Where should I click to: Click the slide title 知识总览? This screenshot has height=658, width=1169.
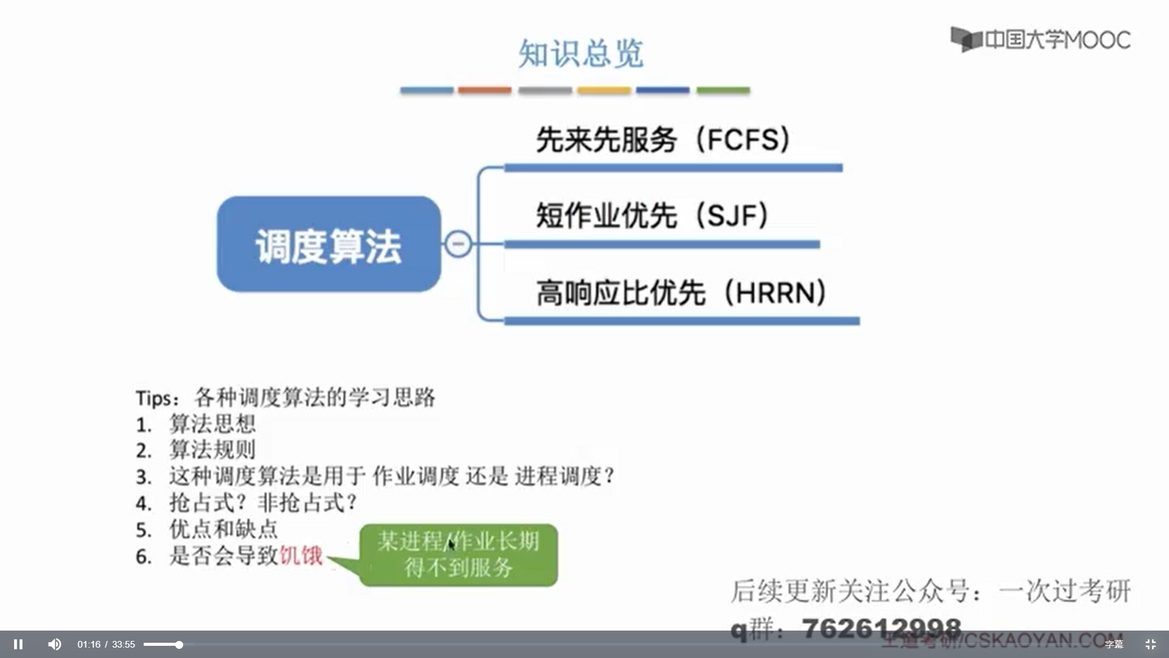click(580, 54)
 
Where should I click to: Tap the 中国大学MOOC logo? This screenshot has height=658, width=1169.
click(1041, 40)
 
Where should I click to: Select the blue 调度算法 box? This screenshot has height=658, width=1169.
click(329, 244)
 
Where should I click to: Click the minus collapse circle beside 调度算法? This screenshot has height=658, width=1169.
click(458, 244)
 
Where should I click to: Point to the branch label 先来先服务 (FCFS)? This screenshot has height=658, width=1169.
click(663, 140)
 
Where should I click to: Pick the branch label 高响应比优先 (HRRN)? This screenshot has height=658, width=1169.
click(681, 293)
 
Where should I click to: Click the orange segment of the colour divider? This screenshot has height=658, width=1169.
click(485, 90)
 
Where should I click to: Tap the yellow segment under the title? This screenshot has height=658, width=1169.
click(604, 90)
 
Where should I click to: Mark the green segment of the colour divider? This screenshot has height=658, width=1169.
click(723, 90)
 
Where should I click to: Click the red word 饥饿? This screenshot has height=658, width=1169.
click(301, 556)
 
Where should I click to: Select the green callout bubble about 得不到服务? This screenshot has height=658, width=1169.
click(458, 555)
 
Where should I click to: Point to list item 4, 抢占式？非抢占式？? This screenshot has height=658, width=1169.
click(262, 503)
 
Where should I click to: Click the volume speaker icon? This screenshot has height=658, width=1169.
click(55, 644)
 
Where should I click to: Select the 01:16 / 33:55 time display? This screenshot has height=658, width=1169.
click(106, 645)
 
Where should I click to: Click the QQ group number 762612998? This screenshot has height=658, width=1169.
click(881, 628)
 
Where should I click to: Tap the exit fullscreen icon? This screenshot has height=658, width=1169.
click(1150, 644)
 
